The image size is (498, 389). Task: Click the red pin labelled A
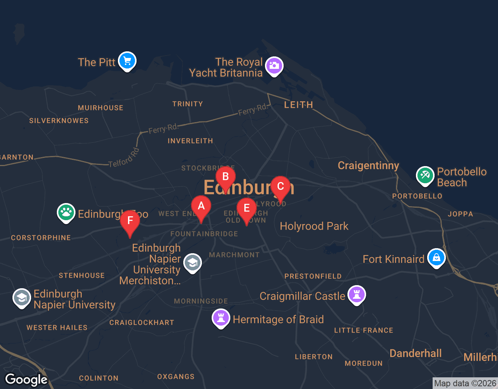[x=201, y=206]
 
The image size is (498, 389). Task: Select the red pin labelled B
[x=225, y=177]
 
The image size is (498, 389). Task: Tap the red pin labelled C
[x=280, y=187]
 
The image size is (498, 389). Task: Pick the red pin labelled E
[x=246, y=209]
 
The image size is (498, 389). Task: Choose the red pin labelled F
[x=130, y=221]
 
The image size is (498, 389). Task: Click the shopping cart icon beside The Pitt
[x=127, y=61]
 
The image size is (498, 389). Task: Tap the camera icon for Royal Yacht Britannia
[x=274, y=66]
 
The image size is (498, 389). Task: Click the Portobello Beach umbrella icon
[x=425, y=175]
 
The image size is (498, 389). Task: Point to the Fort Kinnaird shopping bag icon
[x=436, y=258]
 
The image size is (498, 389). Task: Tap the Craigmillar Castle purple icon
[x=356, y=294]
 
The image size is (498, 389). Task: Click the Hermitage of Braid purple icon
[x=221, y=318]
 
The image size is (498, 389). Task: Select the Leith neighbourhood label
[x=298, y=105]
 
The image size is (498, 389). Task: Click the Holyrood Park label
[x=314, y=226]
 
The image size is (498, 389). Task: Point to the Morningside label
[x=201, y=301]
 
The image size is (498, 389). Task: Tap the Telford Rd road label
[x=124, y=158]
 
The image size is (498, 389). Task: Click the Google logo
[x=26, y=380]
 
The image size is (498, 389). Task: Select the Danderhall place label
[x=416, y=353]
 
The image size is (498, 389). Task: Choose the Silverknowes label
[x=59, y=121]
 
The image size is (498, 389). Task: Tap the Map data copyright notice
[x=465, y=383]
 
